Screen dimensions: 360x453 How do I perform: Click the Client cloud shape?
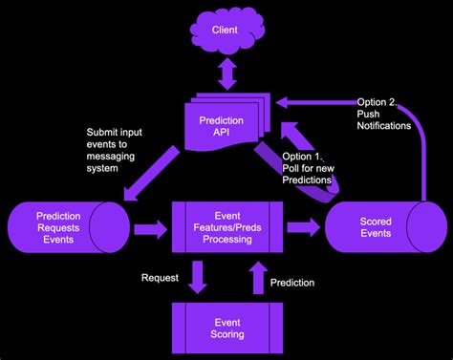point(227,31)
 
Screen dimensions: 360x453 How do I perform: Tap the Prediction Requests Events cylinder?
point(63,227)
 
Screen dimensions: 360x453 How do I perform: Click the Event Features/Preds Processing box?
point(226,227)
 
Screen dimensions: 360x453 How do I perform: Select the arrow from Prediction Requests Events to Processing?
point(147,228)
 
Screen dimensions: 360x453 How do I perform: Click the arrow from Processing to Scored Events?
point(303,227)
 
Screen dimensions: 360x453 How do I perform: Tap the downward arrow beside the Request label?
point(197,280)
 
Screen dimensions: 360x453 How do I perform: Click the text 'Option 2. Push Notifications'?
point(383,114)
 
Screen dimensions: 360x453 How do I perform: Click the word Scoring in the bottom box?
point(226,334)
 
